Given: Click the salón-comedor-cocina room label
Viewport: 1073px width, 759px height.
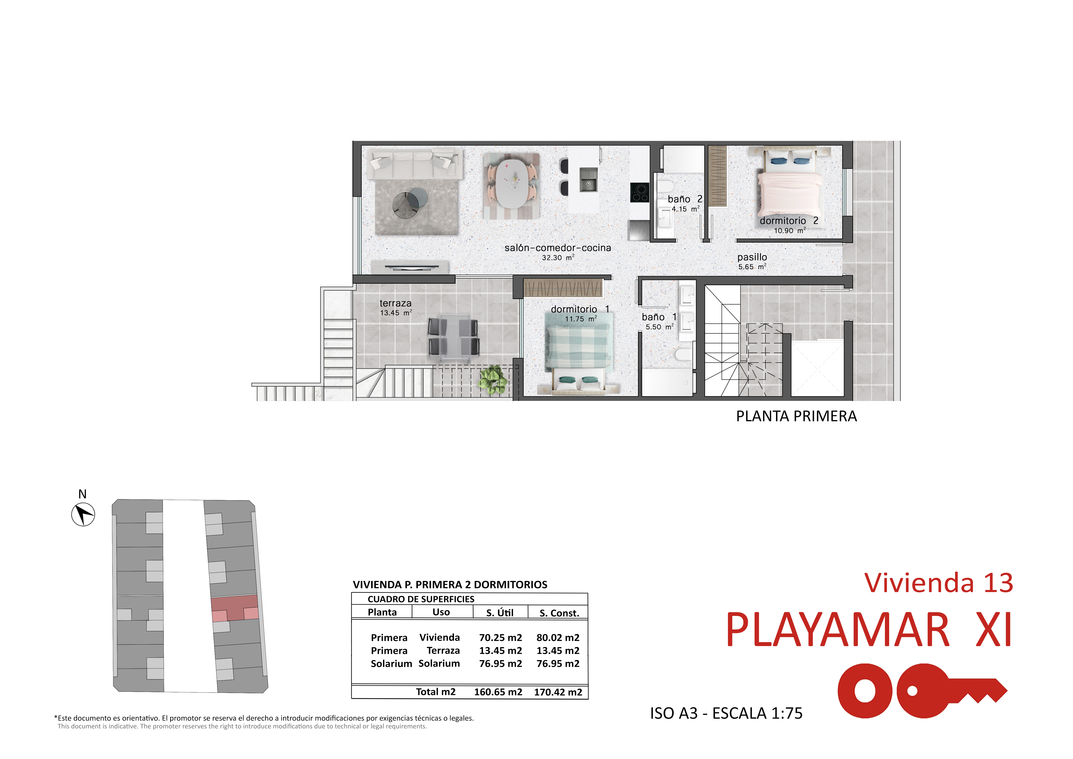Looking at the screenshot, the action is (558, 248).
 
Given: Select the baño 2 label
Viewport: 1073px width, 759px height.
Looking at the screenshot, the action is (685, 199).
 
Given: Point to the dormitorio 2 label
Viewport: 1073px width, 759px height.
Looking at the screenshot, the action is (789, 221).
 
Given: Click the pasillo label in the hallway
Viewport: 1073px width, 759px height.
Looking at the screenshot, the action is (752, 257).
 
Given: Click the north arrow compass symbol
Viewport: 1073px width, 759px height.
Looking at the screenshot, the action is (83, 514).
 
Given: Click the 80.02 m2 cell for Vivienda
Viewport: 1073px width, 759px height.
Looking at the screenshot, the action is (558, 637).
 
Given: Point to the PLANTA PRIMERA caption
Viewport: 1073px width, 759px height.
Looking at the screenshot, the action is (796, 416).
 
